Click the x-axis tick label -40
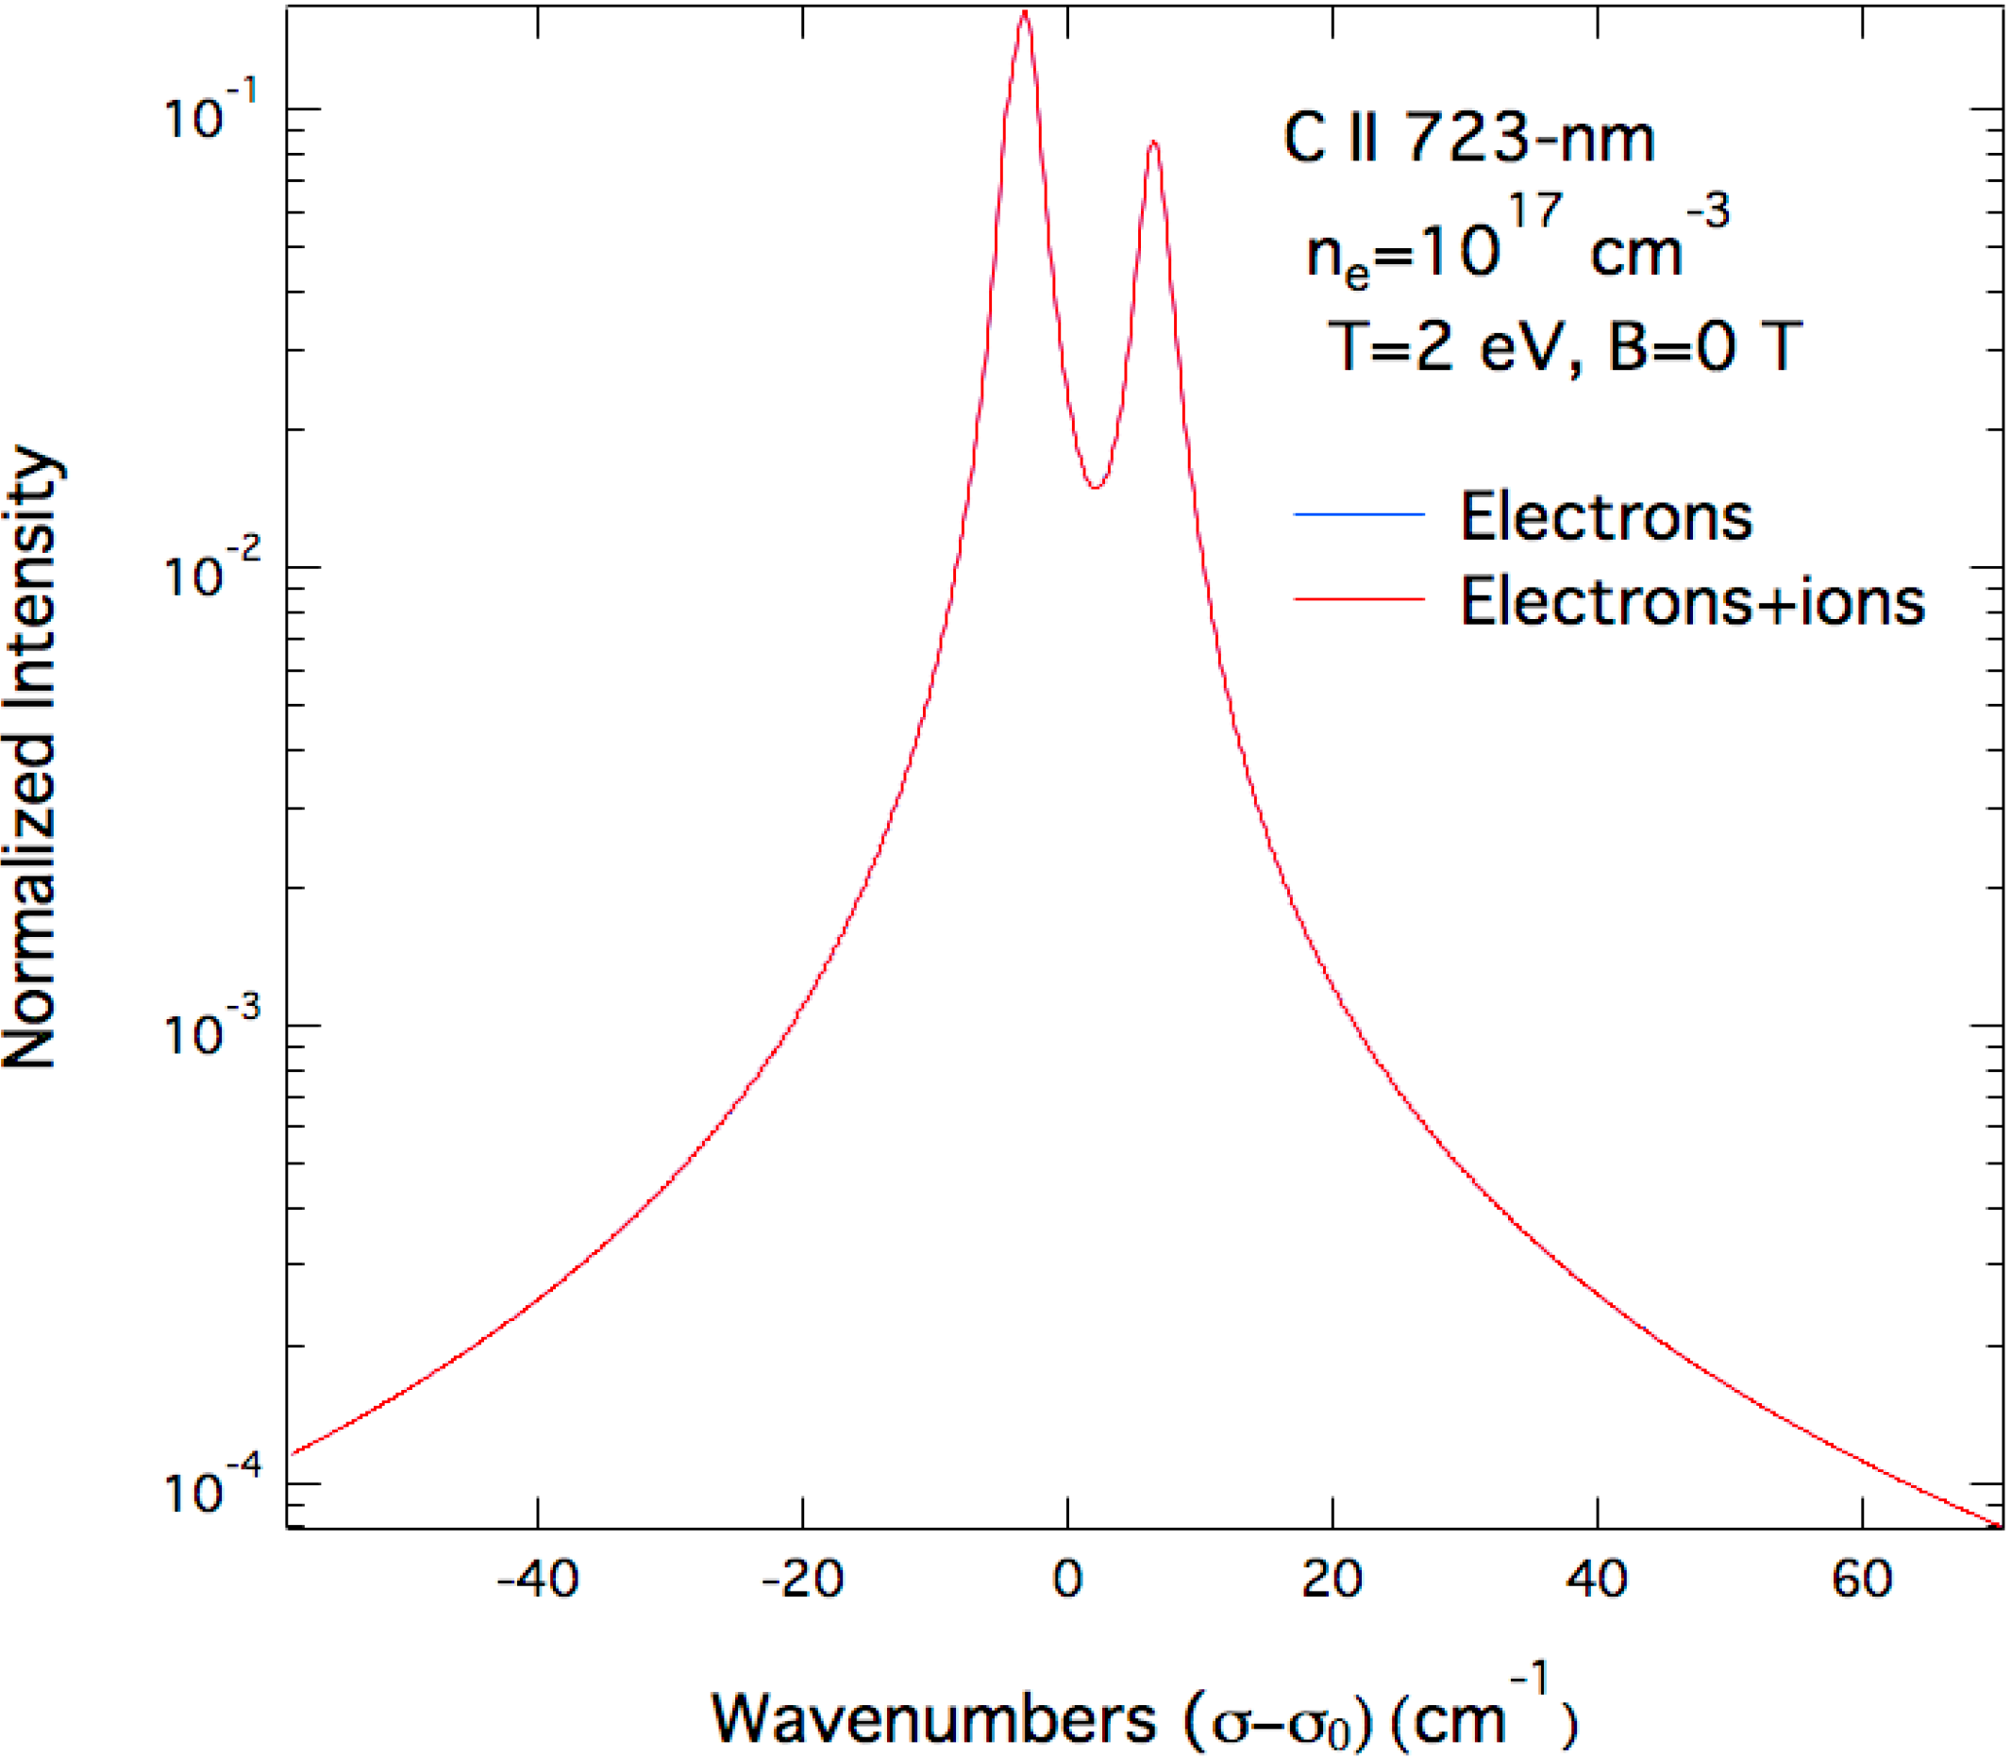click(536, 1580)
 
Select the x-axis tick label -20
click(802, 1580)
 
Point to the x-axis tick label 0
click(1067, 1580)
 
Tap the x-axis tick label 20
click(1332, 1580)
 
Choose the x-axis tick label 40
click(1598, 1580)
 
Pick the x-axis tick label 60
click(1862, 1580)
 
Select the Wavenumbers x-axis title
click(1142, 1717)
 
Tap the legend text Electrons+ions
click(1692, 600)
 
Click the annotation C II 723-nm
click(1467, 140)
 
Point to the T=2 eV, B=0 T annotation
click(1564, 345)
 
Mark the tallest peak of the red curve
click(1024, 14)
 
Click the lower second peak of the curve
click(1154, 143)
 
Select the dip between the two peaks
click(1096, 486)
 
